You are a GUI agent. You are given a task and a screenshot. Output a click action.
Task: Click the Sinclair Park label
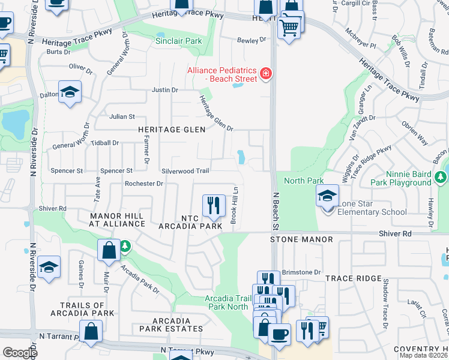tap(178, 41)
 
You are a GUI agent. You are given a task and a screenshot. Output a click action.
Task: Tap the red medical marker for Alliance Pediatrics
tap(265, 75)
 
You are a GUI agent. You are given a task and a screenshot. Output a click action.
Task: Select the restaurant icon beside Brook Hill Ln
tap(213, 206)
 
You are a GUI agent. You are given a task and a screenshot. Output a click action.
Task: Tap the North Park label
tap(304, 181)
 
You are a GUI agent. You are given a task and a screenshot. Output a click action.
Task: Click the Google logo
tap(20, 353)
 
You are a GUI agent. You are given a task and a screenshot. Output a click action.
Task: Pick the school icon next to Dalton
tap(70, 92)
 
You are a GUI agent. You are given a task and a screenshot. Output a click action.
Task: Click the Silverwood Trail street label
tap(185, 171)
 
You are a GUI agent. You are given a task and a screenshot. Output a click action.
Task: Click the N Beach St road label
tap(277, 211)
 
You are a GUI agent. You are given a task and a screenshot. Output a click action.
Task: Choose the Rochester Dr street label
tap(144, 184)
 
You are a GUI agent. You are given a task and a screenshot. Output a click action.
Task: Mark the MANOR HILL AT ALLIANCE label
tap(117, 219)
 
